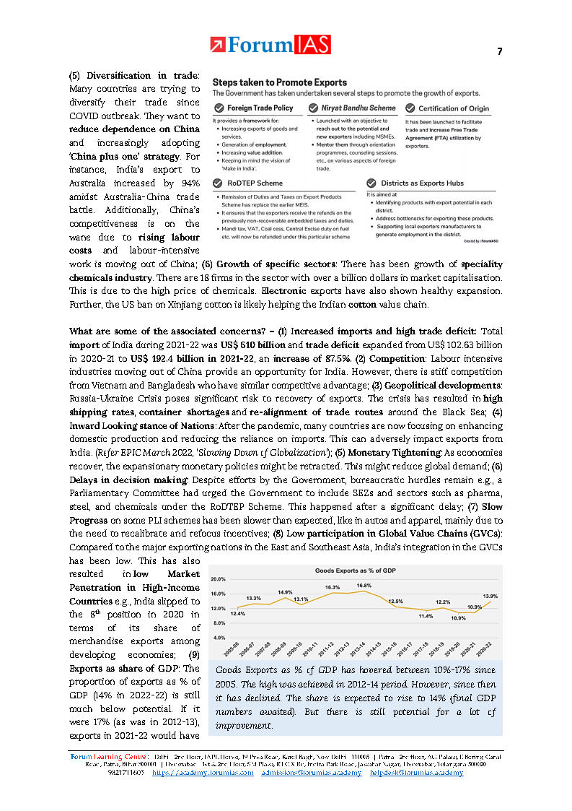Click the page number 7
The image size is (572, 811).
pos(500,51)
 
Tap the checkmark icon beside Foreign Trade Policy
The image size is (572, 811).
pos(219,108)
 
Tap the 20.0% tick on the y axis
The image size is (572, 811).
pos(218,579)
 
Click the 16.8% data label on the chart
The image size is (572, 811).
pos(364,586)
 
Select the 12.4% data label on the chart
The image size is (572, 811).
pos(238,613)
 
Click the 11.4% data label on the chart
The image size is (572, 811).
pos(426,616)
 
